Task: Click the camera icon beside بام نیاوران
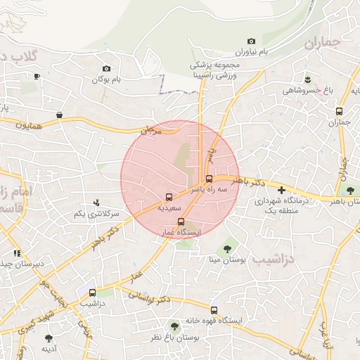pos(251,42)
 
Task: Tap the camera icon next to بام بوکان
pos(106,68)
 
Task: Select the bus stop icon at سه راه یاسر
pos(209,178)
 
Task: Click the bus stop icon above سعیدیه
pos(169,196)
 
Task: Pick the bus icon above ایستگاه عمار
pos(181,222)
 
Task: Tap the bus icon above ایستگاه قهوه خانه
pos(214,310)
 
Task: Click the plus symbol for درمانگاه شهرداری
pos(281,190)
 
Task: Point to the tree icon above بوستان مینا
pos(226,248)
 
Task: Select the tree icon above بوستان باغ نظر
pos(174,326)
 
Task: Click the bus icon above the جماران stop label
pos(340,111)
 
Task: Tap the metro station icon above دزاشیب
pos(92,292)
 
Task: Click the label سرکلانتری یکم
pos(96,213)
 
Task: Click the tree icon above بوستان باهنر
pos(349,190)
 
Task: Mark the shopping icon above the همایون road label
pos(60,114)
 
